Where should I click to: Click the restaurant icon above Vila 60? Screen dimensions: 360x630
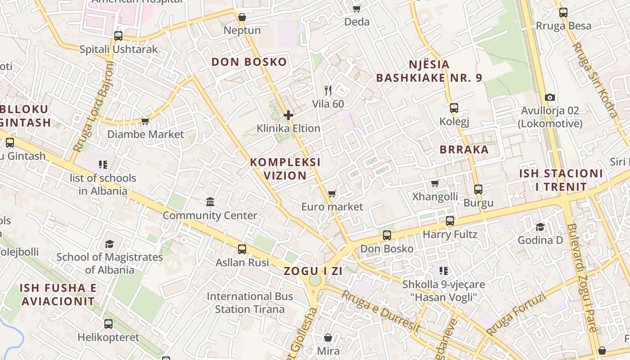coord(328,90)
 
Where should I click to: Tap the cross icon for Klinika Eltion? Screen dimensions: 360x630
coord(288,115)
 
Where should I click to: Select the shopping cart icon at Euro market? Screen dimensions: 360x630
coord(332,193)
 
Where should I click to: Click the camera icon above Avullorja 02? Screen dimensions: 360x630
coord(549,97)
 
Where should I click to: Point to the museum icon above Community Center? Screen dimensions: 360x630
coord(210,202)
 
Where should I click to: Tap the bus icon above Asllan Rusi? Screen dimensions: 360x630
coord(242,249)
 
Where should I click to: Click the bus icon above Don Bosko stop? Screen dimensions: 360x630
coord(387,235)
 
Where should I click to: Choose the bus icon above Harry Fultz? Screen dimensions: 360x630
coord(450,221)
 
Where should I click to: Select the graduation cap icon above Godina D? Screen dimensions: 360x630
coord(540,227)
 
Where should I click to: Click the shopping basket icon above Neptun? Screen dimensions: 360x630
coord(242,17)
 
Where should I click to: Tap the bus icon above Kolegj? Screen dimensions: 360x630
coord(454,108)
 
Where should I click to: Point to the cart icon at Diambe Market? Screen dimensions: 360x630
coord(145,121)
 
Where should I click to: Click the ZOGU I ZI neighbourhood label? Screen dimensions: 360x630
coord(313,271)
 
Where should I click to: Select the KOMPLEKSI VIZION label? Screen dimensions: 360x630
coord(285,169)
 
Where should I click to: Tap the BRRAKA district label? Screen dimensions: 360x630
coord(464,149)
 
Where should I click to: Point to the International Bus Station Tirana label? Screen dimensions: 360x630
coord(250,303)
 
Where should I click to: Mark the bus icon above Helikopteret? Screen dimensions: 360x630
coord(108,324)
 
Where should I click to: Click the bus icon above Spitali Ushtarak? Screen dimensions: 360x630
coord(118,36)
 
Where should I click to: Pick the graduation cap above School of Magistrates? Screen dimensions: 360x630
coord(109,244)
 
